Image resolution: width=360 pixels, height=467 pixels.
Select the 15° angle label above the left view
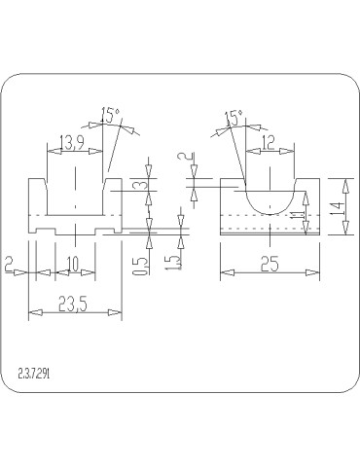111,115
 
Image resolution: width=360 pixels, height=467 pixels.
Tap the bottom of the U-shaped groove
268,210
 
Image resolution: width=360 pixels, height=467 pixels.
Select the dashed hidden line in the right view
268,216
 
